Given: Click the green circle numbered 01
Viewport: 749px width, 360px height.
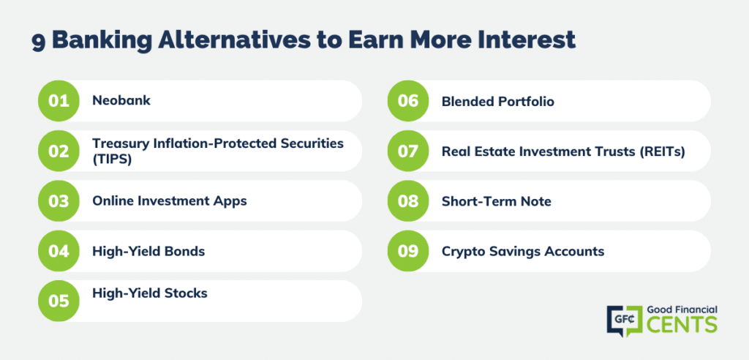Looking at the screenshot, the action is coord(59,101).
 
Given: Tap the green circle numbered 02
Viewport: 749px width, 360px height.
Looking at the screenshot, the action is coord(59,151).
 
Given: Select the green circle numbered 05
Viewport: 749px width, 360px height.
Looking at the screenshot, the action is coord(59,301).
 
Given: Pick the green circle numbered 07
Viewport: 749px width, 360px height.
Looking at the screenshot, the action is coord(408,151).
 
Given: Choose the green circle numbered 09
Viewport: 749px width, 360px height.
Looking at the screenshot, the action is coord(408,250).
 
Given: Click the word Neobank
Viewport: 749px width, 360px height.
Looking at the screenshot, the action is coord(121,101).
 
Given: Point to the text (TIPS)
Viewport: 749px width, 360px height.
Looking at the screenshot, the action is coord(112,160).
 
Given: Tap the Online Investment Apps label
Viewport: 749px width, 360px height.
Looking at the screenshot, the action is coord(170,200).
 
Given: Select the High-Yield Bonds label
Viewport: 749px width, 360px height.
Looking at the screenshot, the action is coord(148,251).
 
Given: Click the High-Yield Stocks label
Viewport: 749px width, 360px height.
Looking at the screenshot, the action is coord(150,293).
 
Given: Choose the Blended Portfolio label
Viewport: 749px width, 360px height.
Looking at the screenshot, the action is coord(497,102).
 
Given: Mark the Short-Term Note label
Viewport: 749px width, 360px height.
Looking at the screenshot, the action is coord(497,201).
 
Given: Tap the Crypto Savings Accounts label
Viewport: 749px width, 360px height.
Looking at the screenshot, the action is coord(523,251).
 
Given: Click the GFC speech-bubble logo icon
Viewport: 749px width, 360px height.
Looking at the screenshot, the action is coord(623,320).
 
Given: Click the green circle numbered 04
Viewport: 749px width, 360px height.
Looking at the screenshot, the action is coord(59,250).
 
